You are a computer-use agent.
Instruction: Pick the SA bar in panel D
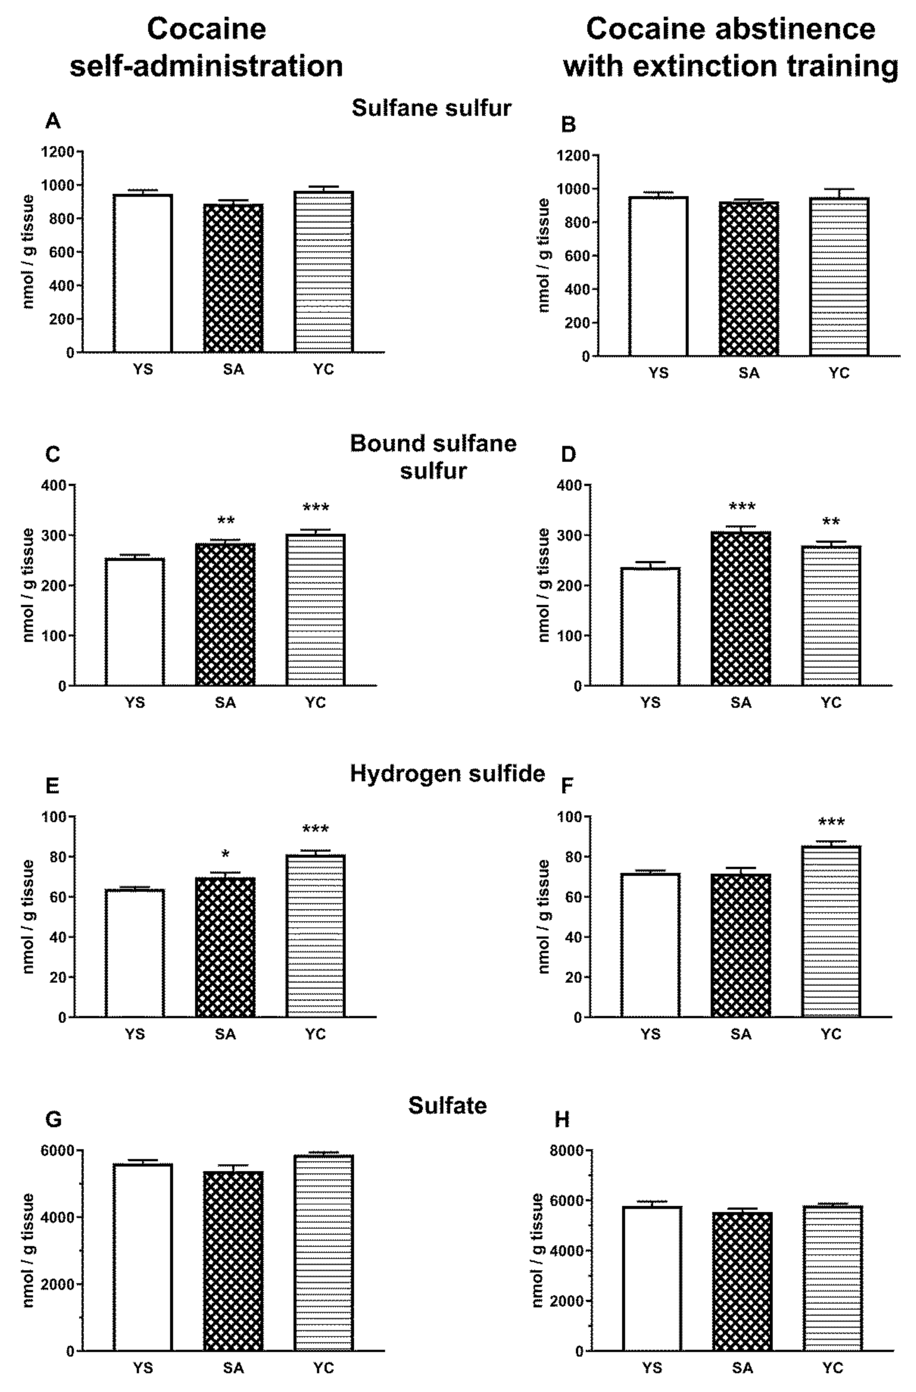(x=741, y=608)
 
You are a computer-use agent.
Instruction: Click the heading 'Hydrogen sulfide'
(x=447, y=774)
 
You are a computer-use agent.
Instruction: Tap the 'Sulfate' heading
(x=447, y=1105)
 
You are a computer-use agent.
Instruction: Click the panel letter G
(x=53, y=1119)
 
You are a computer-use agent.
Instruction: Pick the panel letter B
(x=569, y=125)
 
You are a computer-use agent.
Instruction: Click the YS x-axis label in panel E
(x=135, y=1034)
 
